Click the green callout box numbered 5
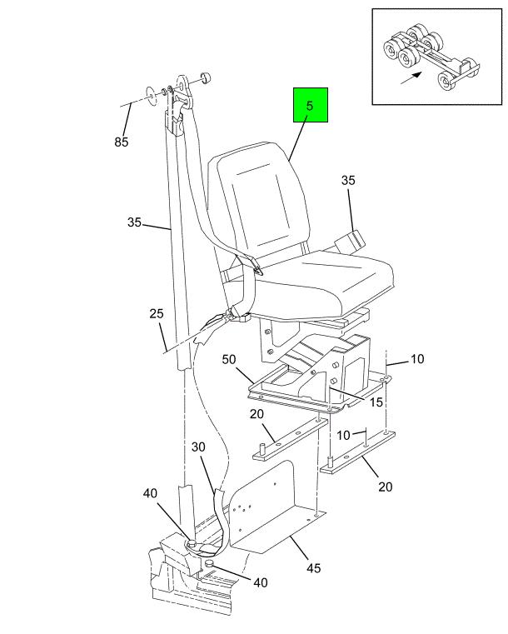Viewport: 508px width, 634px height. [310, 107]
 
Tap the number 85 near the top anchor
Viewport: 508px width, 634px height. [122, 142]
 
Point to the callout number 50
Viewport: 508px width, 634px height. [230, 359]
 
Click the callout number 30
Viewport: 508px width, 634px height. [198, 447]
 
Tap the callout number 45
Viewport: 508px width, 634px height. [312, 570]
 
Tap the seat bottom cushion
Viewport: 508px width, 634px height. [325, 279]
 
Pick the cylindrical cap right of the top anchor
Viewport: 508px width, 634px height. [203, 80]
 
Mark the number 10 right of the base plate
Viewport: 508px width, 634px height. [416, 359]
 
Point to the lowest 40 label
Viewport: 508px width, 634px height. [260, 583]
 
